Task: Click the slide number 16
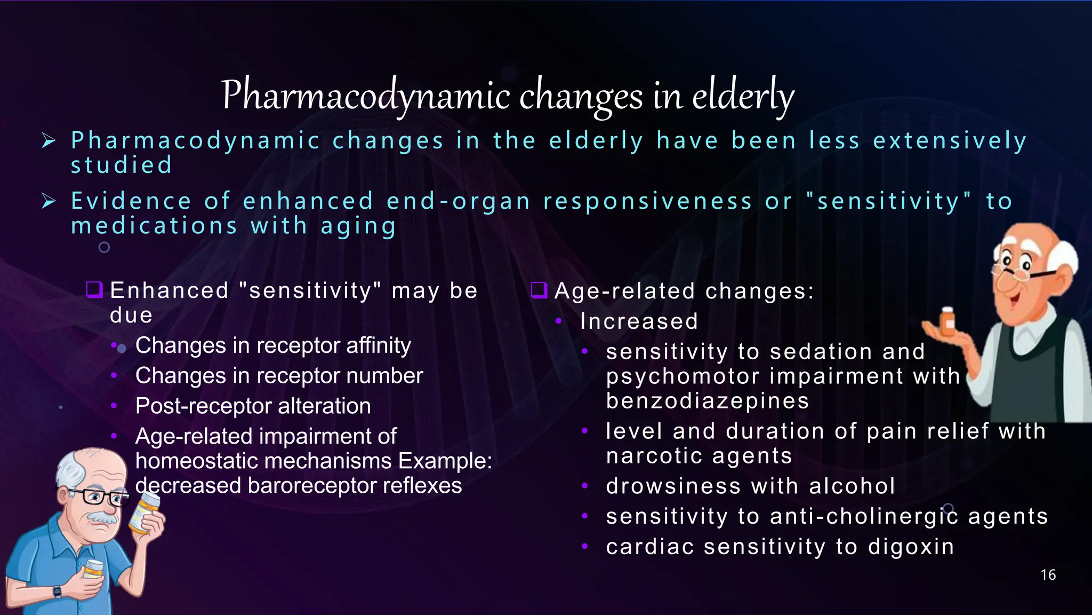[1048, 575]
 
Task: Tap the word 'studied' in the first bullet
[122, 165]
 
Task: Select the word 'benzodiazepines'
[708, 401]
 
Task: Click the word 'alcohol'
[852, 486]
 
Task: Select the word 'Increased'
[639, 321]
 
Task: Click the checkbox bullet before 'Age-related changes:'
[539, 290]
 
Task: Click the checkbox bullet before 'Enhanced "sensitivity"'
[94, 290]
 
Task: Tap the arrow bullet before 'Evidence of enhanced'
[49, 201]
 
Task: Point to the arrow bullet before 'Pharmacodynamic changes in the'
[49, 141]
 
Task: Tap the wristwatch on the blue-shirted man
[57, 592]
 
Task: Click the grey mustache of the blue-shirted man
[100, 518]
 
